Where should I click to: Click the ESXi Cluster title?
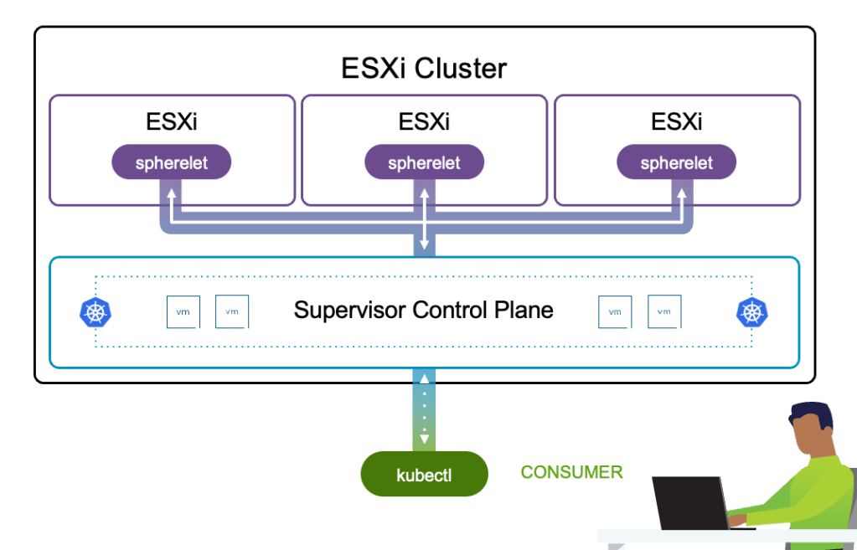click(424, 68)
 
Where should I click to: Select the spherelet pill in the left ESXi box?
click(172, 162)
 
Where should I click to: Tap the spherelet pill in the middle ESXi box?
click(424, 162)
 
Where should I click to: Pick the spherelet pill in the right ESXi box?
click(676, 162)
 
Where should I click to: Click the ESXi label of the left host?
click(172, 122)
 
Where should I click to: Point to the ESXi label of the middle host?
click(424, 122)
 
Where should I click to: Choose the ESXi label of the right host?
click(676, 122)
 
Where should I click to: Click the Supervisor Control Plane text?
click(423, 311)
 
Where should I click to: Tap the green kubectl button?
click(424, 475)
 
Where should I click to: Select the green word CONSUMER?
click(571, 472)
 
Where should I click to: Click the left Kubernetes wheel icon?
click(96, 312)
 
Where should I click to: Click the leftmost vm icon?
click(183, 311)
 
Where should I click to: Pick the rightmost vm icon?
click(664, 311)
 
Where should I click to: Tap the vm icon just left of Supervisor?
click(232, 311)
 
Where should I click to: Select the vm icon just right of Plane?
click(615, 311)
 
